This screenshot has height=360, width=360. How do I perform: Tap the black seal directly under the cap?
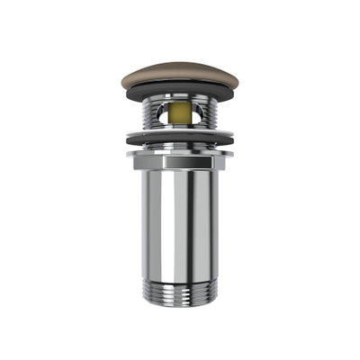pyautogui.click(x=180, y=92)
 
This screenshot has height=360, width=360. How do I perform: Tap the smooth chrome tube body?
pyautogui.click(x=180, y=225)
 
